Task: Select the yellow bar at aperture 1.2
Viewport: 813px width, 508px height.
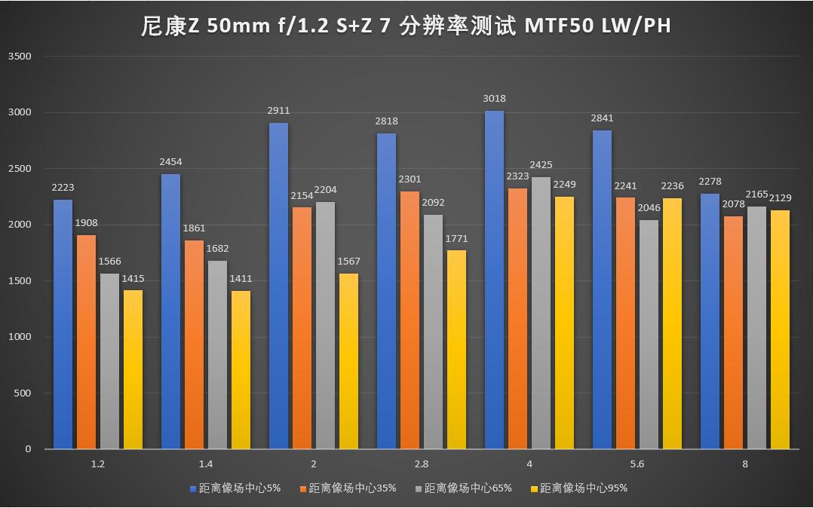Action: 133,369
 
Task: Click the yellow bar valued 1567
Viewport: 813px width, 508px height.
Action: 348,361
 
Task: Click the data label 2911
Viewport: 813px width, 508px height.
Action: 278,111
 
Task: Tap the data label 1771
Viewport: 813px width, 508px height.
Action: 456,239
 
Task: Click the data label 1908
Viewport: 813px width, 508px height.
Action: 86,223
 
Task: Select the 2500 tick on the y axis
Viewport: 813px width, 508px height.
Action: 20,169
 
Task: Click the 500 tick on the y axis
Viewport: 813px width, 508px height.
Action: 23,393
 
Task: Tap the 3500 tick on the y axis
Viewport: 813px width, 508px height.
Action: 20,57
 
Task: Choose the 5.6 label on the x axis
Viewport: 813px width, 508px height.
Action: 637,464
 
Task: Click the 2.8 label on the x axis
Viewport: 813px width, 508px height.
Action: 422,464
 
